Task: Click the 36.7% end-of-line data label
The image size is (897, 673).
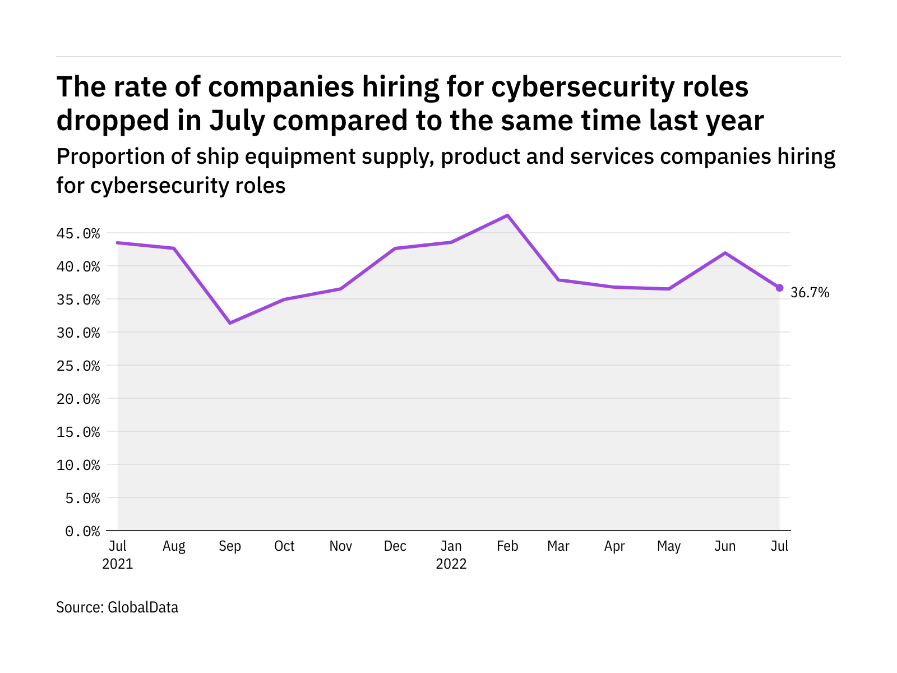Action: click(810, 292)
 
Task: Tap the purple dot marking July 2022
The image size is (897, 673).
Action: click(779, 288)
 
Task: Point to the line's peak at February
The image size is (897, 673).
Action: click(507, 215)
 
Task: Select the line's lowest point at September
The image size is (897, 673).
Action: click(230, 323)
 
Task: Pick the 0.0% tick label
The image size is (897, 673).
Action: click(82, 531)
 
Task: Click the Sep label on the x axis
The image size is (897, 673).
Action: click(230, 546)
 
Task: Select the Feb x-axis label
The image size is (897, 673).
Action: click(507, 546)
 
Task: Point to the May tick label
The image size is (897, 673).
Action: click(669, 546)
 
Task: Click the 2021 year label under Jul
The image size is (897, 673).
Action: click(118, 564)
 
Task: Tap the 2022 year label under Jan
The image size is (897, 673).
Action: click(451, 564)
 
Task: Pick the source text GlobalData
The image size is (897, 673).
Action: click(143, 607)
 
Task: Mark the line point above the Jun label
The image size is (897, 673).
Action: click(725, 253)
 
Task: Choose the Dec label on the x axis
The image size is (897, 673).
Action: click(395, 546)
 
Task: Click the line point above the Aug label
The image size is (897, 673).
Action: click(174, 248)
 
